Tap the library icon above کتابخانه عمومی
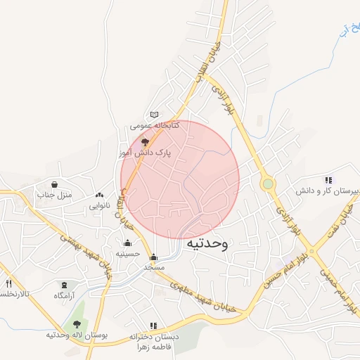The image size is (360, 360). click(155, 115)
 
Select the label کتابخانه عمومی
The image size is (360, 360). click(155, 125)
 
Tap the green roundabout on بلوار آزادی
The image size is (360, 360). click(268, 184)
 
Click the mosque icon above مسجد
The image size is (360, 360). click(154, 257)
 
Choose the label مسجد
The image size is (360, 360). click(154, 267)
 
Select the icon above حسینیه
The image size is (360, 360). click(127, 243)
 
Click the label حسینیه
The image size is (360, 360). click(128, 253)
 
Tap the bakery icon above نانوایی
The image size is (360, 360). click(98, 196)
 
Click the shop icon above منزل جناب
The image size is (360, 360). click(54, 184)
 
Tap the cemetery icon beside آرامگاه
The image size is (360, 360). click(65, 285)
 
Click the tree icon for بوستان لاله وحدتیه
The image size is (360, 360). click(77, 324)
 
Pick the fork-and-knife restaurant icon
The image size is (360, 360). click(9, 283)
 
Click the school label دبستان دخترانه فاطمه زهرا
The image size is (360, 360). click(155, 342)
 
